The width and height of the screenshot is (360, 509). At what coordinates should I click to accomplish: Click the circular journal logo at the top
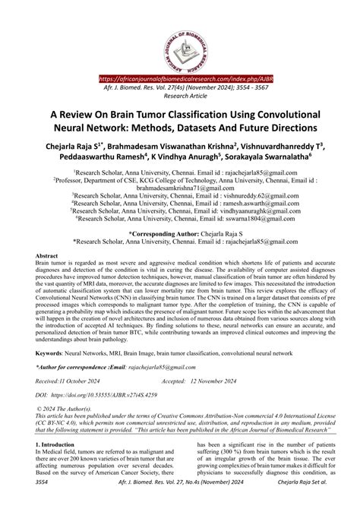(x=180, y=35)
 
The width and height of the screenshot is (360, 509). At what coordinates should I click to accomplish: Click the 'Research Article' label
(x=180, y=97)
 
